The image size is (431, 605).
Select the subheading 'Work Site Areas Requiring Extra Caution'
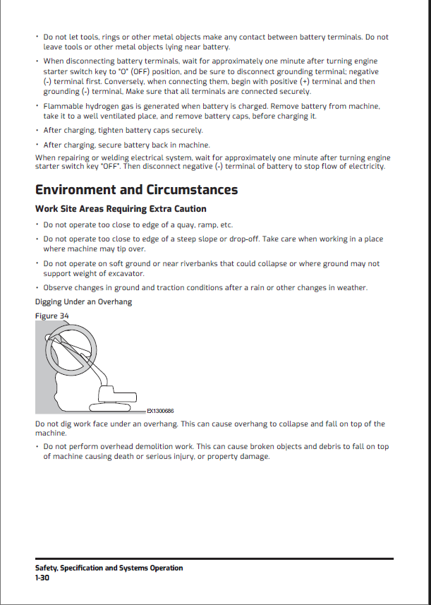point(121,209)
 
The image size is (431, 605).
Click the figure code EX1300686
point(160,410)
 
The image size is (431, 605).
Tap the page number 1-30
point(42,577)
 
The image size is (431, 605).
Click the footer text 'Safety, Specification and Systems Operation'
point(109,568)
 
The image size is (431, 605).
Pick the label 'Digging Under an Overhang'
point(83,301)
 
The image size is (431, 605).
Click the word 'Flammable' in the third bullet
point(63,106)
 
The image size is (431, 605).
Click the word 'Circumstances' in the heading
point(193,189)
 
